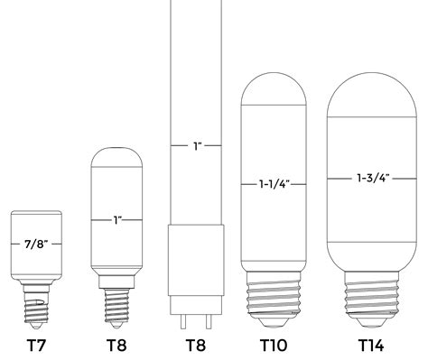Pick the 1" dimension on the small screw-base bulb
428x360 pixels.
click(116, 219)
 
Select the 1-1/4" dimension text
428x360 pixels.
click(274, 185)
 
